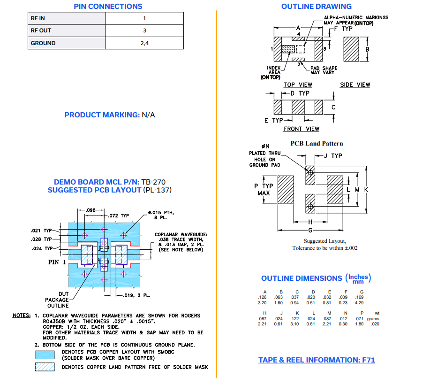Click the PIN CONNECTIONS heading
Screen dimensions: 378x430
(108, 7)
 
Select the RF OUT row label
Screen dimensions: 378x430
(41, 31)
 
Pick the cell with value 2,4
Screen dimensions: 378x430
(144, 43)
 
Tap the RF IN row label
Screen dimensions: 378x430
(38, 18)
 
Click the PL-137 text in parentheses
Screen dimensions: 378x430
(158, 190)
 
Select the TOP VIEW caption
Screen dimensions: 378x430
(298, 85)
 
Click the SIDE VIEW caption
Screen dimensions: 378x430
(355, 85)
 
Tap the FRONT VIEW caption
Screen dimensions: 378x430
(301, 129)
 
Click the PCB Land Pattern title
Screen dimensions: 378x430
(317, 144)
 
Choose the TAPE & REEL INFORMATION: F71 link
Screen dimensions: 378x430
(317, 360)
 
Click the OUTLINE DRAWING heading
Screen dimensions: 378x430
(316, 7)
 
